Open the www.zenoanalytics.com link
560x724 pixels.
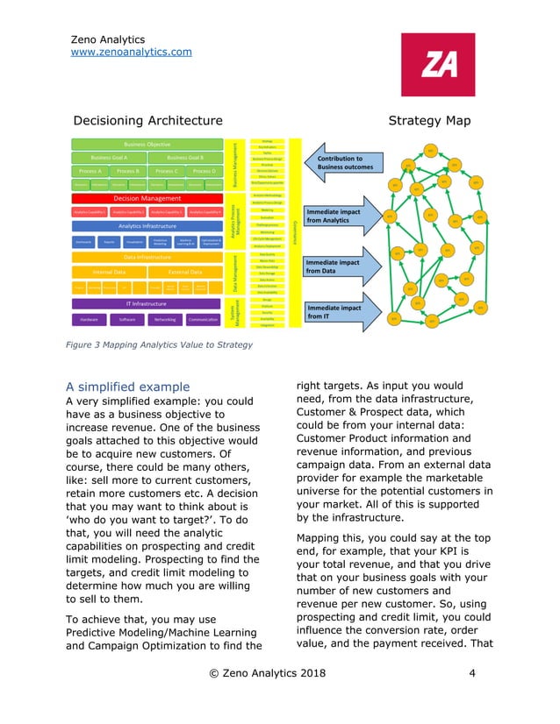[x=131, y=53]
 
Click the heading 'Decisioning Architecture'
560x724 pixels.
[x=147, y=120]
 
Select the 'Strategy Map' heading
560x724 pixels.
[x=429, y=120]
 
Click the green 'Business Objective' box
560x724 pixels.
[x=147, y=144]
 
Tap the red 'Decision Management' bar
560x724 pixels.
[x=147, y=199]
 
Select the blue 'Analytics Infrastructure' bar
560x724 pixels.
[x=147, y=225]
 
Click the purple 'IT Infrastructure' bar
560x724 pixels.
[x=147, y=303]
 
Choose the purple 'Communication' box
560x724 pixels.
[x=203, y=320]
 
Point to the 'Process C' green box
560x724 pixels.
[x=165, y=171]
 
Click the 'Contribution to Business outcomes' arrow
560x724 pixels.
[x=339, y=163]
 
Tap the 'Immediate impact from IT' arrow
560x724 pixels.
[x=339, y=312]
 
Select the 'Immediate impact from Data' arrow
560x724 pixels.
[x=339, y=266]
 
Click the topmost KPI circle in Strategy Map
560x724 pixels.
[x=431, y=151]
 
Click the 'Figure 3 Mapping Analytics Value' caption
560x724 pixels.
[x=159, y=344]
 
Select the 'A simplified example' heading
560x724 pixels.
[x=128, y=387]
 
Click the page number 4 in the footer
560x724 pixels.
[x=472, y=674]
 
